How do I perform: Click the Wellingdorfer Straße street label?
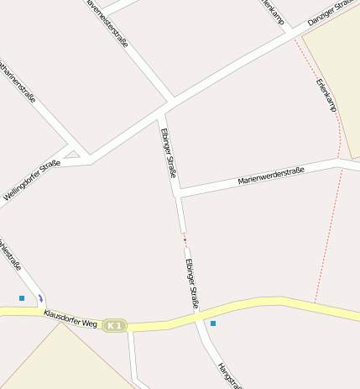tap(32, 181)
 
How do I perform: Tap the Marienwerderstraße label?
tap(271, 176)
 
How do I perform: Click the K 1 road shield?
tap(115, 325)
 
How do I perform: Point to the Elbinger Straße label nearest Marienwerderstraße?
tap(168, 153)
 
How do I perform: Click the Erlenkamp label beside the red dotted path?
tap(326, 96)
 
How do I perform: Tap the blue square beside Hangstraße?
tap(213, 323)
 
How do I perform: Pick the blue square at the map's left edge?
tap(22, 297)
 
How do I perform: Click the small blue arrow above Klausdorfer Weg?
tap(40, 297)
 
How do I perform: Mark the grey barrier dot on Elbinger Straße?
tap(185, 239)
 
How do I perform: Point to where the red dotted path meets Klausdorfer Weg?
tap(315, 301)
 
